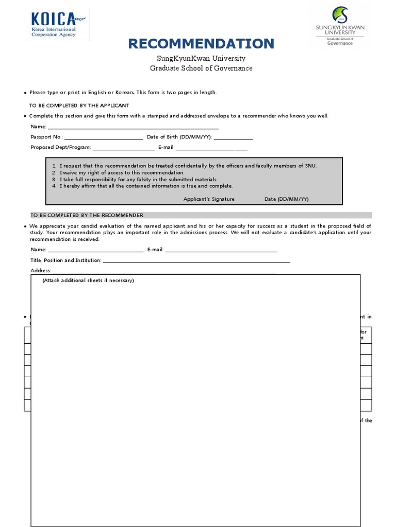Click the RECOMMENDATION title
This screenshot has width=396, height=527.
201,44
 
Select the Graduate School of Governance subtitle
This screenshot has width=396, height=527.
201,68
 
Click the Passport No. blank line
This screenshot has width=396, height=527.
104,138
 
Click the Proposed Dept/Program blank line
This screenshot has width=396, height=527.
123,148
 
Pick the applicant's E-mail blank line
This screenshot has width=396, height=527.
212,148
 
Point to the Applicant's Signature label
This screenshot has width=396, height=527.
209,199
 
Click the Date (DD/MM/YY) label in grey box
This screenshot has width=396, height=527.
286,199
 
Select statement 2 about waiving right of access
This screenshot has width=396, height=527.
122,173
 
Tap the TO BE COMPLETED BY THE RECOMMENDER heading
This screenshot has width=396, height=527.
87,215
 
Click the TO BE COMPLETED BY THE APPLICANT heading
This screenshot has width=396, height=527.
79,106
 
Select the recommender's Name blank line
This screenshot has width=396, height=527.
95,251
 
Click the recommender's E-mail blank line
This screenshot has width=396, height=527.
221,251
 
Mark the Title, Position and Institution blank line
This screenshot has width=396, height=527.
196,261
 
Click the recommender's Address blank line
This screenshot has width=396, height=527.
164,271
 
